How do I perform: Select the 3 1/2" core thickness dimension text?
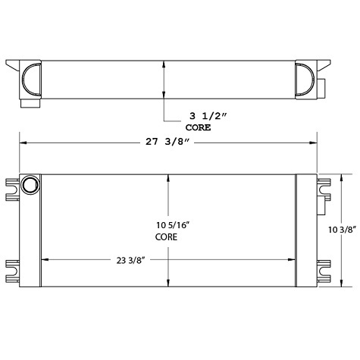tap(199, 117)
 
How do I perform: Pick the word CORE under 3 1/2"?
tap(199, 128)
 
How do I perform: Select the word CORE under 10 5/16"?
tap(167, 236)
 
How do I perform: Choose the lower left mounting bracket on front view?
tap(13, 270)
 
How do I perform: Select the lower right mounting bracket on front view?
tap(325, 270)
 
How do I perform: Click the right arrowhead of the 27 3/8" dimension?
tap(315, 142)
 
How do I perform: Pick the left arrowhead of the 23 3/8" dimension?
tap(42, 260)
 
